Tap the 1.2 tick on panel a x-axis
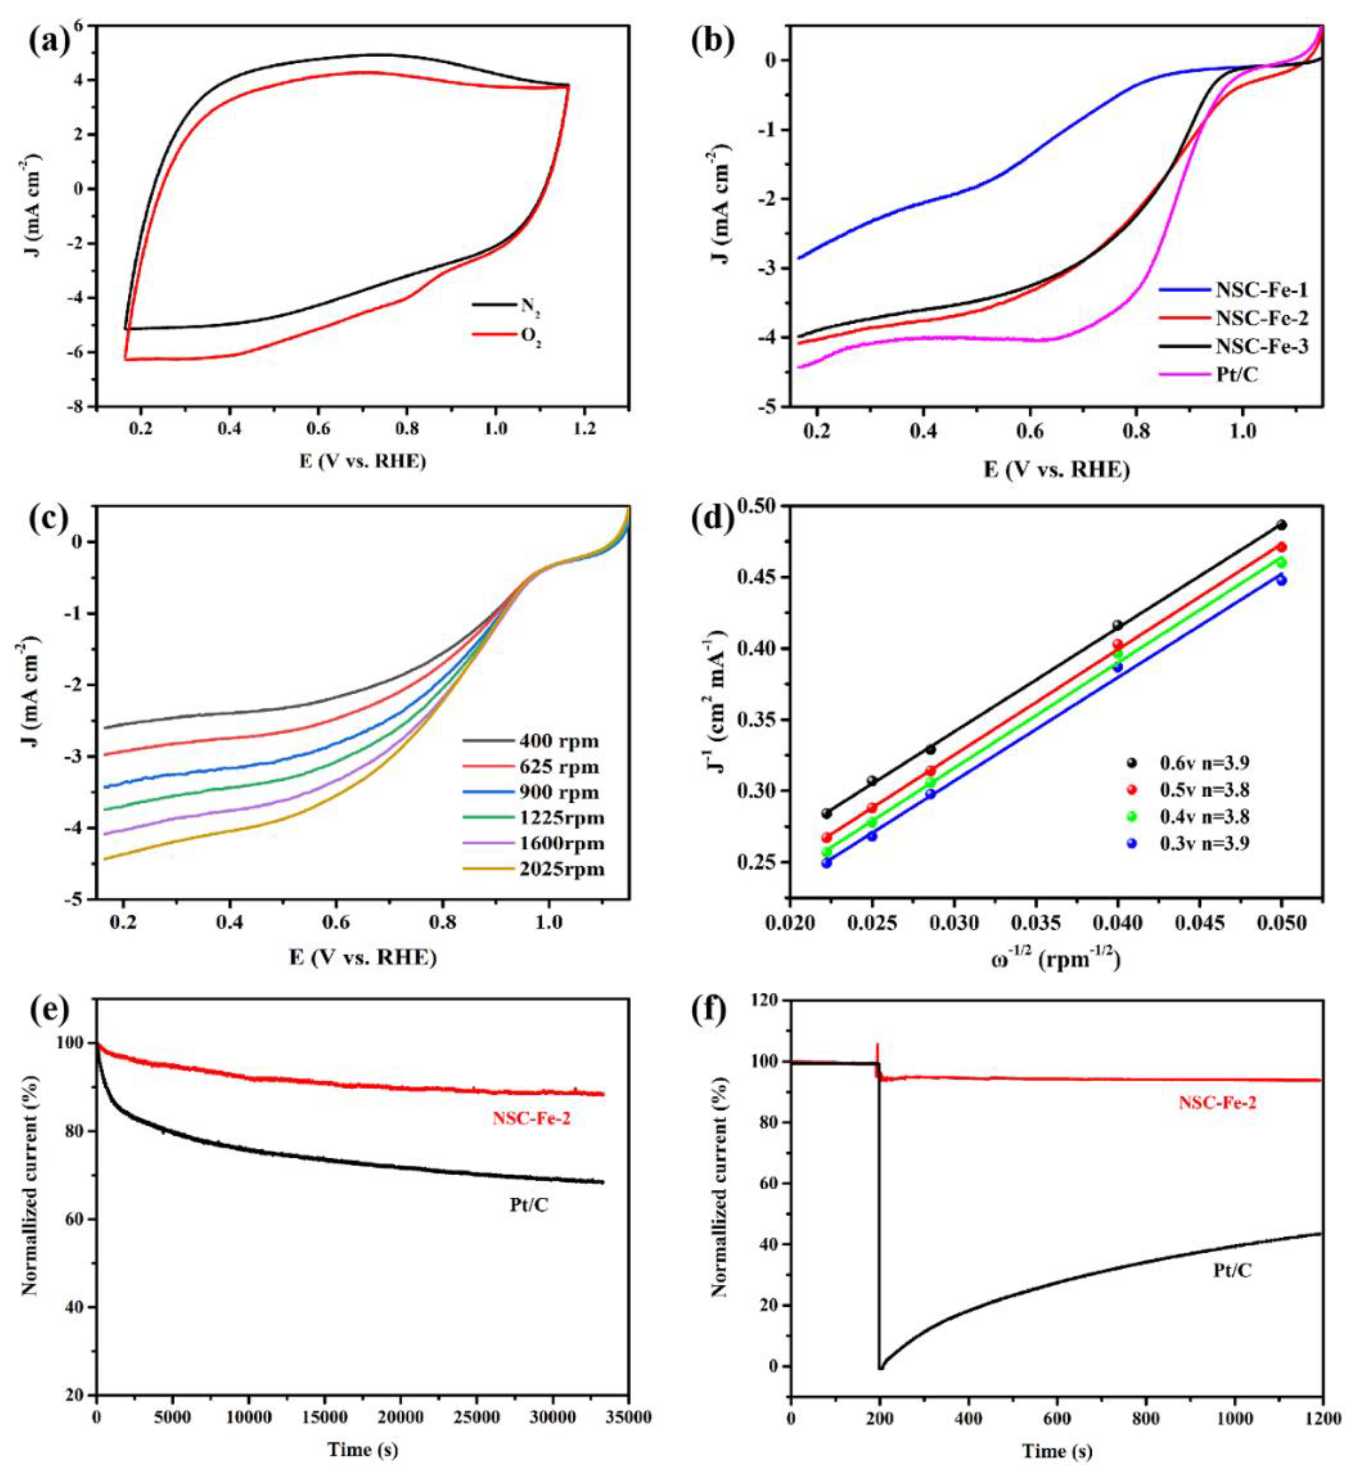(585, 427)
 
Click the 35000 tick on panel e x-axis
(628, 1413)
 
